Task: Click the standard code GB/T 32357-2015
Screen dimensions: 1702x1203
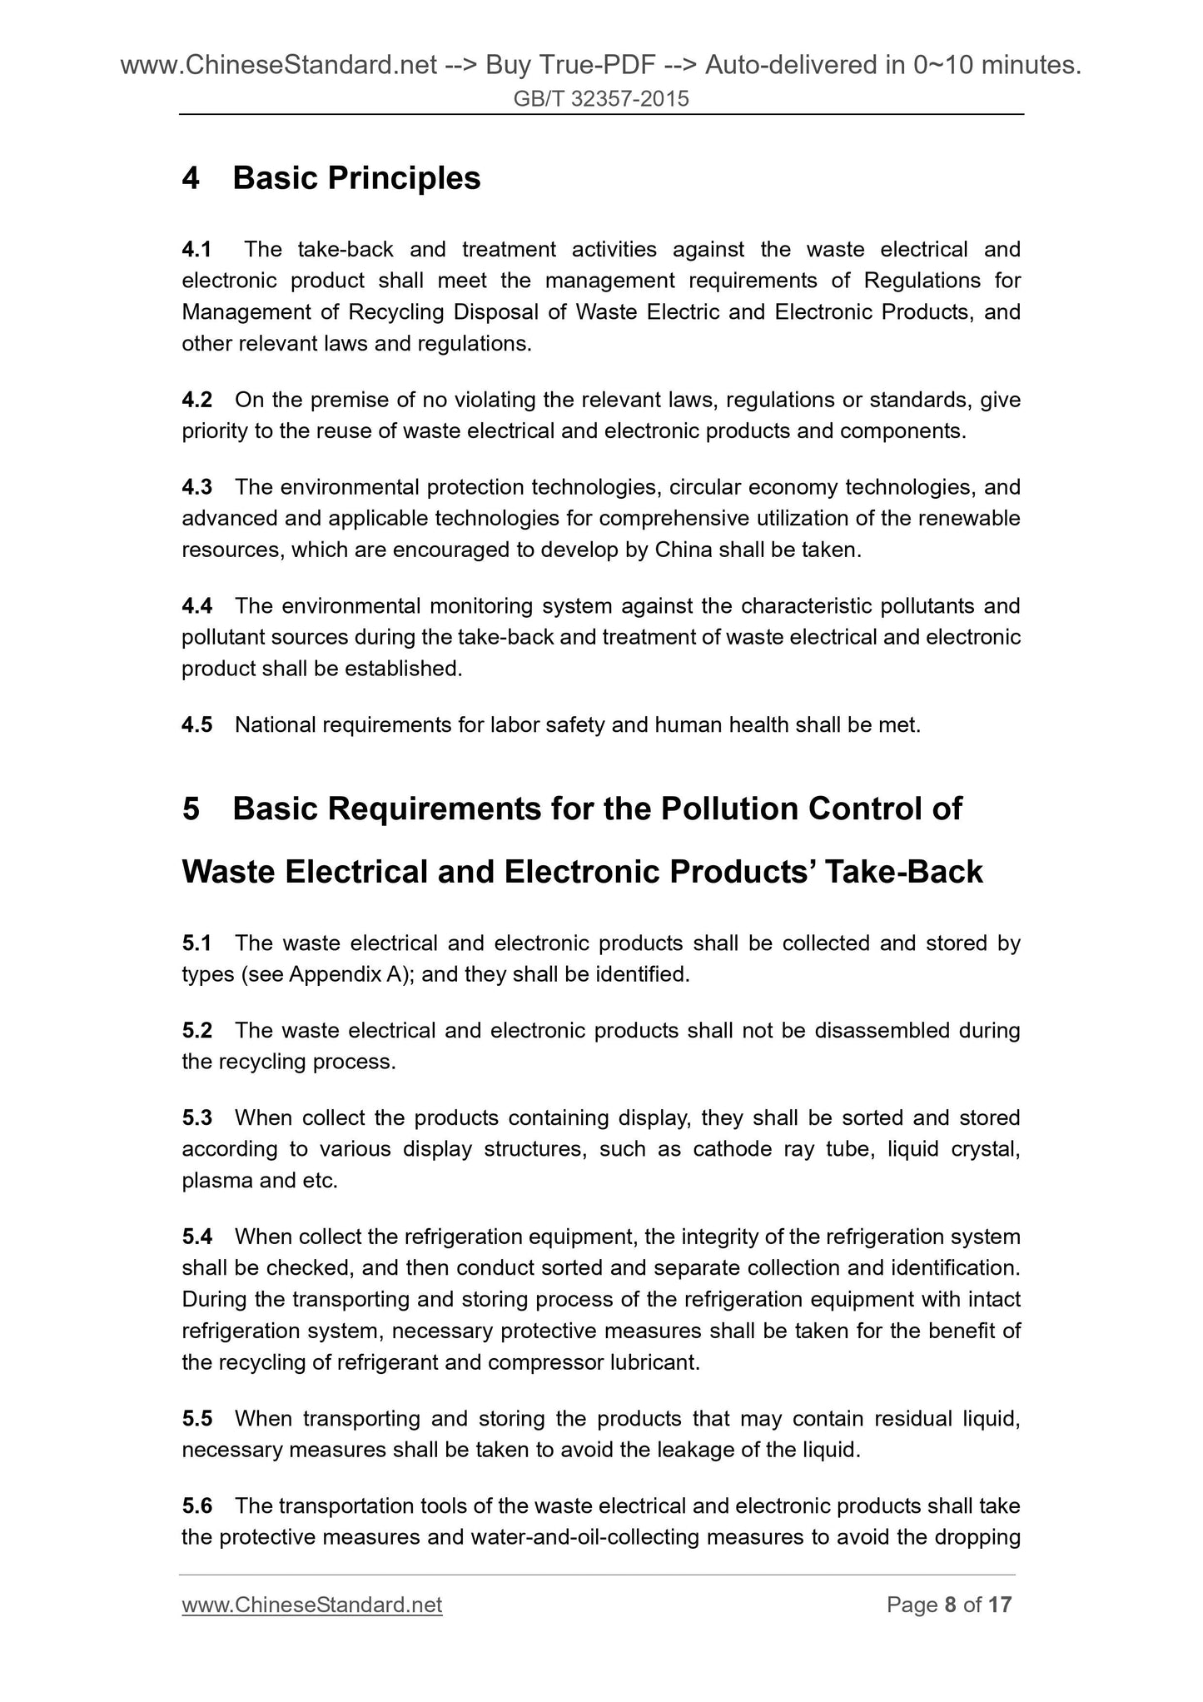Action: tap(601, 100)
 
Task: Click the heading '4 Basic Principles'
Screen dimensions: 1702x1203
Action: tap(331, 178)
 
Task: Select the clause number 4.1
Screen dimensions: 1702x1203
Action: tap(196, 250)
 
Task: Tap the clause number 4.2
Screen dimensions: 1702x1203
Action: tap(196, 401)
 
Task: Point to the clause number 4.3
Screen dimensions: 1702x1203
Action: tap(196, 487)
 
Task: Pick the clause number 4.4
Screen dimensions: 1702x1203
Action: tap(196, 606)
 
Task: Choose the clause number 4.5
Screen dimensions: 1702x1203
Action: tap(196, 725)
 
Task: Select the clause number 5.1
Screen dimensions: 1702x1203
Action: tap(196, 943)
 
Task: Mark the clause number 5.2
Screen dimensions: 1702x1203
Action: tap(196, 1031)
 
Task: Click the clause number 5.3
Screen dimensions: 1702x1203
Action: tap(196, 1117)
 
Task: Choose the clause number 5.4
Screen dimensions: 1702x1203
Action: tap(196, 1237)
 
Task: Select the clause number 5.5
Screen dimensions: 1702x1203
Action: tap(196, 1418)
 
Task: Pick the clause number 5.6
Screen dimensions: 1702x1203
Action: tap(196, 1506)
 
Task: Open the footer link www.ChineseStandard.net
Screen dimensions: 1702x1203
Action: tap(311, 1605)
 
